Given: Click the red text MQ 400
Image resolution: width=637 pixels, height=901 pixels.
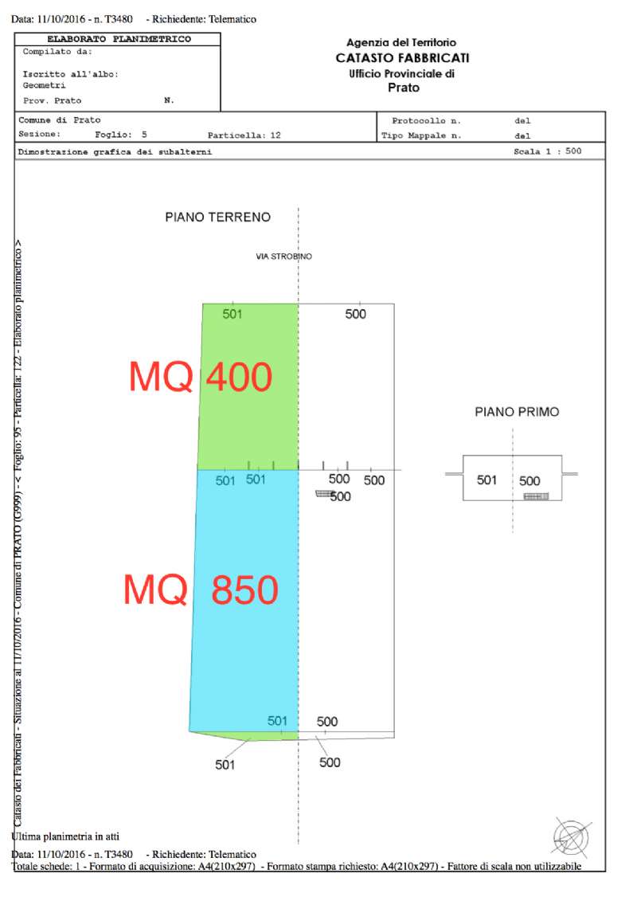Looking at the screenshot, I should coord(201,377).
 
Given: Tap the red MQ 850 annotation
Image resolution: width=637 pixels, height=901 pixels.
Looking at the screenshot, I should coord(201,590).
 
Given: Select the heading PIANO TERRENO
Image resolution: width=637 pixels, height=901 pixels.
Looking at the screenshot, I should coord(217,217).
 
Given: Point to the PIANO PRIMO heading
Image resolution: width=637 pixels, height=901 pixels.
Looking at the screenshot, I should coord(517,412).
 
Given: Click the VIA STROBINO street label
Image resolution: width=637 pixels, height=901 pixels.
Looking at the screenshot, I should coord(283,257).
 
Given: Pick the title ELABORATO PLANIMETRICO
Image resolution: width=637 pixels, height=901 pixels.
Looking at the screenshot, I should coord(119,38).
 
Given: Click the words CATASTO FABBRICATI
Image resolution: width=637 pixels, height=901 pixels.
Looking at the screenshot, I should coord(402,58).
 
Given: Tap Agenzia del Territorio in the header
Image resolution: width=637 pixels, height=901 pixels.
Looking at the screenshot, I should coord(401,42).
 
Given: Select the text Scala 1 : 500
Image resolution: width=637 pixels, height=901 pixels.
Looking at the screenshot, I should coord(547,151).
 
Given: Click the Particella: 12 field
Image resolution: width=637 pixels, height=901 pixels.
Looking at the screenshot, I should coord(244,135).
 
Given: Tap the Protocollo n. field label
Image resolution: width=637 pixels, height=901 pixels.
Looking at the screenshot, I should coord(426,121).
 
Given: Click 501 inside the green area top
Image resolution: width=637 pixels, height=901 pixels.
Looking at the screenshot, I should coord(233,314).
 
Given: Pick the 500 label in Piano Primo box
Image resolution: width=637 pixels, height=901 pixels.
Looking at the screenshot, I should coord(530,480).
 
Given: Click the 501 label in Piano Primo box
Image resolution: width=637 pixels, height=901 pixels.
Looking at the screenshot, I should coord(487,480).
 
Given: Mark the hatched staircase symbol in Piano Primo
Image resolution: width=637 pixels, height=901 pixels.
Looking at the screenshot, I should coord(536,496).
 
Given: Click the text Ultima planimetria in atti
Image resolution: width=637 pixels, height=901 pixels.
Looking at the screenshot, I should coord(65,836).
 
